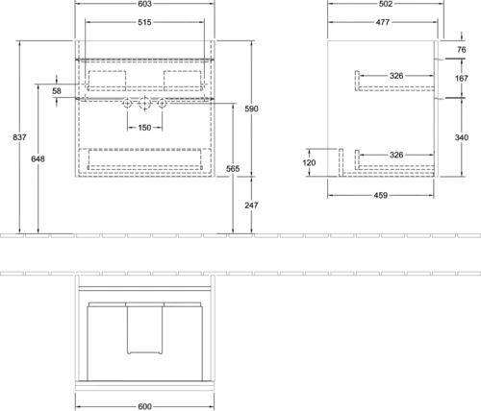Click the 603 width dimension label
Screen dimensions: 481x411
(144, 4)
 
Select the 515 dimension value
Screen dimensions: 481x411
(144, 22)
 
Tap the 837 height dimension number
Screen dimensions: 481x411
(19, 137)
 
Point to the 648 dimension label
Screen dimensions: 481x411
(38, 158)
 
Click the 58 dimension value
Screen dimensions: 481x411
(57, 91)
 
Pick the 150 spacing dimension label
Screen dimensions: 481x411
(144, 128)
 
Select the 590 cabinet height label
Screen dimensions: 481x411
(251, 109)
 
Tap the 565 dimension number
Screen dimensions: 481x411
(233, 169)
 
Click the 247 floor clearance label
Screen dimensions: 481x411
(251, 205)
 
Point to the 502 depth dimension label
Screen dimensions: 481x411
(386, 4)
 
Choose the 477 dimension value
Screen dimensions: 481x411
(383, 22)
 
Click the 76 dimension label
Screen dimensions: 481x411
(462, 50)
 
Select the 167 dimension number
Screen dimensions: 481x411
(462, 78)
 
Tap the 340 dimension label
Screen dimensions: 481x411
(462, 137)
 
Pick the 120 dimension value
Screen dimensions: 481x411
(309, 162)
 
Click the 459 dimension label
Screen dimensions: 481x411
(381, 195)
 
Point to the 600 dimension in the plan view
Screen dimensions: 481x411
(144, 406)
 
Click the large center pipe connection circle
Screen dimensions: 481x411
(144, 104)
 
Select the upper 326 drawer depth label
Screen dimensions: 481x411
(396, 76)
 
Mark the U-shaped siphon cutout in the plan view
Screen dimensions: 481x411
(144, 353)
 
